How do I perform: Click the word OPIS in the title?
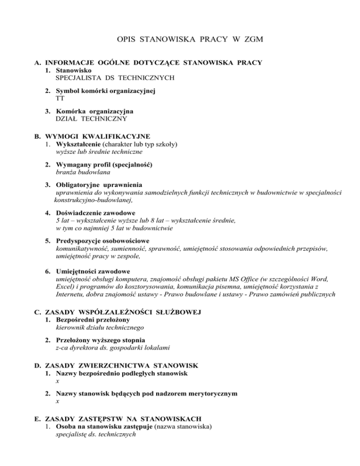pyautogui.click(x=126, y=41)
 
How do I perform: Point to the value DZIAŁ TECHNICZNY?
pyautogui.click(x=94, y=119)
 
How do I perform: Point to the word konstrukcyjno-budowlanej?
pyautogui.click(x=93, y=200)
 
